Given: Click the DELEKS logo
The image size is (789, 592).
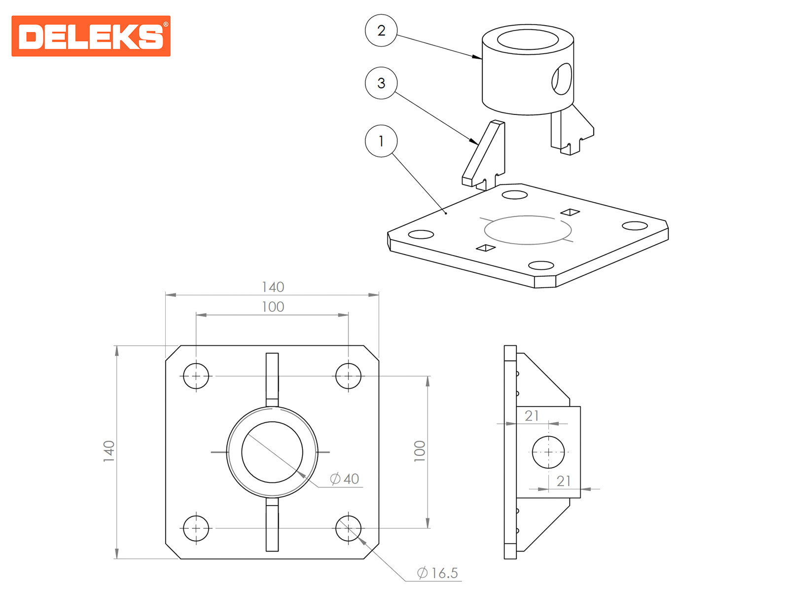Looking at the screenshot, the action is point(91,36).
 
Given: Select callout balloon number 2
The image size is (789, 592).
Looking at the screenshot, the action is point(381,31).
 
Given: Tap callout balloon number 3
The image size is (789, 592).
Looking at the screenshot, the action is point(381,83).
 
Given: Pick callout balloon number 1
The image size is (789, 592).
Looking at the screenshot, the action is point(381,141).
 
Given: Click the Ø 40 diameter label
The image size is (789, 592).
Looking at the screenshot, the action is point(344,479).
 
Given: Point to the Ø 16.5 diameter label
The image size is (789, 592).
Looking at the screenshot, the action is point(437,573).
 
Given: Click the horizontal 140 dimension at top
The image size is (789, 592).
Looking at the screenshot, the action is point(273,287).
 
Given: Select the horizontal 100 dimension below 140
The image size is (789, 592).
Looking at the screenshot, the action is point(273,306).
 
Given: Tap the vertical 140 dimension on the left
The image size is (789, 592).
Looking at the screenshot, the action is point(108,451).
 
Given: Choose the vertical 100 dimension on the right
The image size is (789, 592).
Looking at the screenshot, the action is point(419,451).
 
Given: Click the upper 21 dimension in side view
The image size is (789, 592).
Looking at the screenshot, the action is point(532,416).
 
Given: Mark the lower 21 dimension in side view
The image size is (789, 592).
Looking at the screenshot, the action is point(563,481).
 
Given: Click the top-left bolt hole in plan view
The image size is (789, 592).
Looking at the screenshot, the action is point(196,376).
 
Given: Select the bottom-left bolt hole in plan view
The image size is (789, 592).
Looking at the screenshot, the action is point(196,528).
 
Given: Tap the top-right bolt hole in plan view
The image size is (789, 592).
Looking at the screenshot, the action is point(348,376).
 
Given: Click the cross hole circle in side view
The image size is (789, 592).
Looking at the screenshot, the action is point(548,452).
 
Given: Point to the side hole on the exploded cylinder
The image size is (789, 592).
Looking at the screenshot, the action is point(562,79).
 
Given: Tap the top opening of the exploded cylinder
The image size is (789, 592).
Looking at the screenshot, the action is point(528,39).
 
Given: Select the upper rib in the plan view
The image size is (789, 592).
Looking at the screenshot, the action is point(272,380).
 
